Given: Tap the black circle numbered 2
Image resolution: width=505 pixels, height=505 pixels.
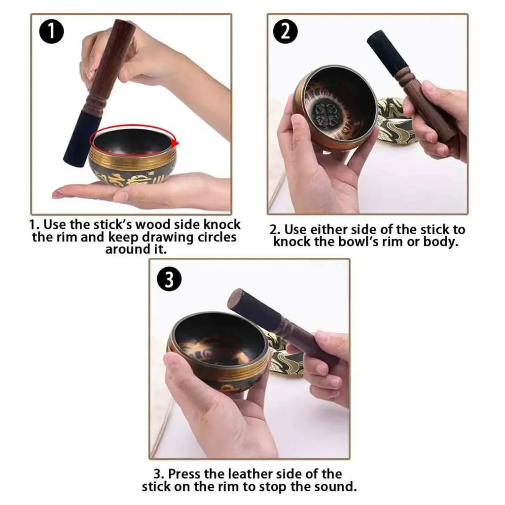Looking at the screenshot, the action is coord(286,31).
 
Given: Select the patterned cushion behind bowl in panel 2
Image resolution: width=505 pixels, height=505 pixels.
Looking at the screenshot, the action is coord(395,122).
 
